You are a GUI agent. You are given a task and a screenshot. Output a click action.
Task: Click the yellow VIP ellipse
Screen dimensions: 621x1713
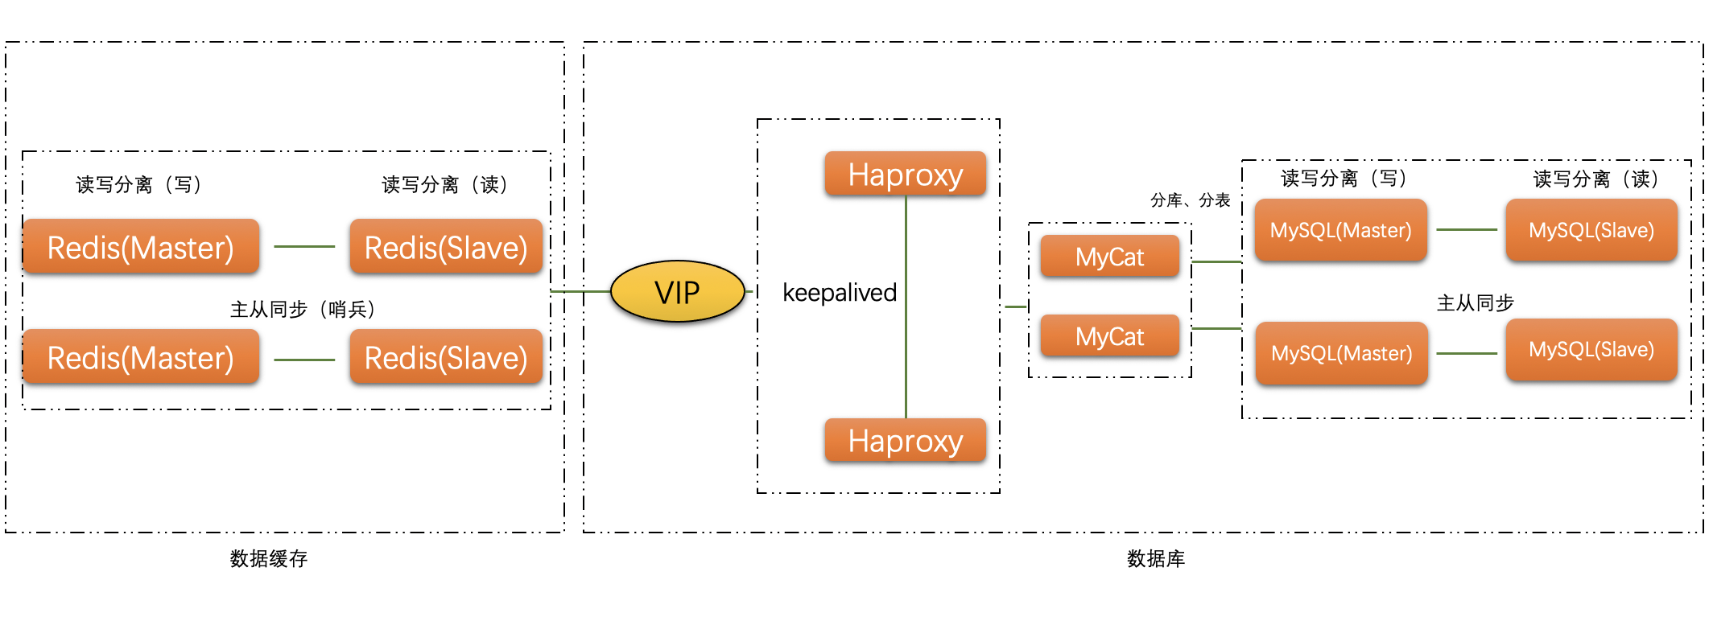[x=677, y=292]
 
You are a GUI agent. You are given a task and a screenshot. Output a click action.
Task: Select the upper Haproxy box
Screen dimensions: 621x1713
[x=905, y=174]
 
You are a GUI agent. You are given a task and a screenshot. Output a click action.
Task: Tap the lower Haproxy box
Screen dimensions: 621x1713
[x=905, y=441]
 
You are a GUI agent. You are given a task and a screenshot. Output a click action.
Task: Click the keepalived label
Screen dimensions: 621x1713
[x=839, y=292]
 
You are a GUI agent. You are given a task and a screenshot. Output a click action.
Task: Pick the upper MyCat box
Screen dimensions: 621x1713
[x=1109, y=257]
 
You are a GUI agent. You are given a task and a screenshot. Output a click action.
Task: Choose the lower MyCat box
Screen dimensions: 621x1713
[x=1109, y=336]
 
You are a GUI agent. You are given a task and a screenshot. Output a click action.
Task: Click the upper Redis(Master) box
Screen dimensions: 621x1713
[x=141, y=247]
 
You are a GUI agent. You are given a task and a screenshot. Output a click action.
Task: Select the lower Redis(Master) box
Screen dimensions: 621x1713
[x=141, y=357]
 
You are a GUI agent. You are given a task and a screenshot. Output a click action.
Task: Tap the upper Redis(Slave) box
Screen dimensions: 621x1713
[x=446, y=247]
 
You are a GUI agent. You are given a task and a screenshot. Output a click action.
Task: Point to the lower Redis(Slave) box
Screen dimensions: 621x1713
[x=446, y=357]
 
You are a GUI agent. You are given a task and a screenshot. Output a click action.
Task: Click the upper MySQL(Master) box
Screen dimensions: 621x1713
[x=1340, y=230]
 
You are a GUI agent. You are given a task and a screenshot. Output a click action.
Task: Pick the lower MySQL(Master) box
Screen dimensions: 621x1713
[x=1341, y=353]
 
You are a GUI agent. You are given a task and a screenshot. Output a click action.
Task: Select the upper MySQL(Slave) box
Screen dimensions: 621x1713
[x=1591, y=230]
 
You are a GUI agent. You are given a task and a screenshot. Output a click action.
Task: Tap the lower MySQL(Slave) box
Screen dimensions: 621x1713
[x=1591, y=349]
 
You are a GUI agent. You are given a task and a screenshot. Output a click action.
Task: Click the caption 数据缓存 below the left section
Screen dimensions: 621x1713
[x=269, y=558]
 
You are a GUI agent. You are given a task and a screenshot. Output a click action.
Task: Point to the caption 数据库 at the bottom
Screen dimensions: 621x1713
[x=1155, y=558]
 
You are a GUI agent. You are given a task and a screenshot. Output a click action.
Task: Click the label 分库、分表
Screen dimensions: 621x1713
[x=1190, y=199]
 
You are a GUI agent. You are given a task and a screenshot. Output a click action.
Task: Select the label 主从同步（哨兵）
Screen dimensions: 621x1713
[x=302, y=309]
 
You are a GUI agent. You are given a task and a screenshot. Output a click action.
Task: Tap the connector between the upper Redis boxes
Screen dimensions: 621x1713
[x=304, y=246]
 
